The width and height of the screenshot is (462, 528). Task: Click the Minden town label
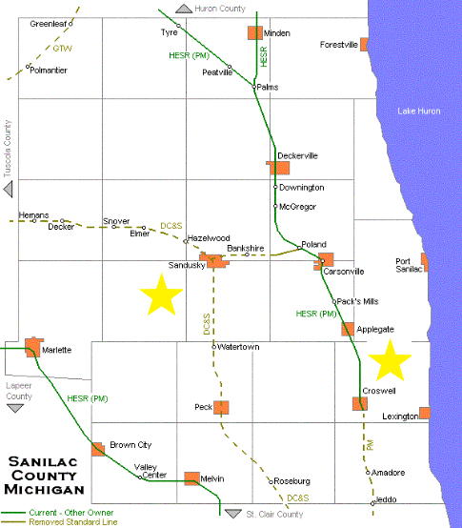[x=277, y=32]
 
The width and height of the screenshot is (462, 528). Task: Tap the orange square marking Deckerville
[x=278, y=168]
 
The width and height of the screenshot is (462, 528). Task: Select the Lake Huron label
[x=419, y=112]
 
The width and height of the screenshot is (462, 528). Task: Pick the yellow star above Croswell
[x=391, y=359]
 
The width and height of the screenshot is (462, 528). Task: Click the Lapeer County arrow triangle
[x=15, y=408]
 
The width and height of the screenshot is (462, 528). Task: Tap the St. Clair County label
[x=274, y=514]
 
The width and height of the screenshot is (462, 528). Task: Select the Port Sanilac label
[x=409, y=265]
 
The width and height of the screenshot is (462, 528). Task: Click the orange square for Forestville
[x=365, y=44]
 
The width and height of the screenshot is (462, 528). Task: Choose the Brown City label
[x=130, y=445]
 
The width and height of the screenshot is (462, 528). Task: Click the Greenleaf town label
[x=48, y=23]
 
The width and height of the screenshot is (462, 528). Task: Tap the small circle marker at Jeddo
[x=373, y=502]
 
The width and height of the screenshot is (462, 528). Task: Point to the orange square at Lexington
[x=424, y=413]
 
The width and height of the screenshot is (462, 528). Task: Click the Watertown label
[x=239, y=347]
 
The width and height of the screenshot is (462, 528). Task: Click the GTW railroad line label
[x=62, y=47]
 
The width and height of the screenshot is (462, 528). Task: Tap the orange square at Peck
[x=222, y=407]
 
